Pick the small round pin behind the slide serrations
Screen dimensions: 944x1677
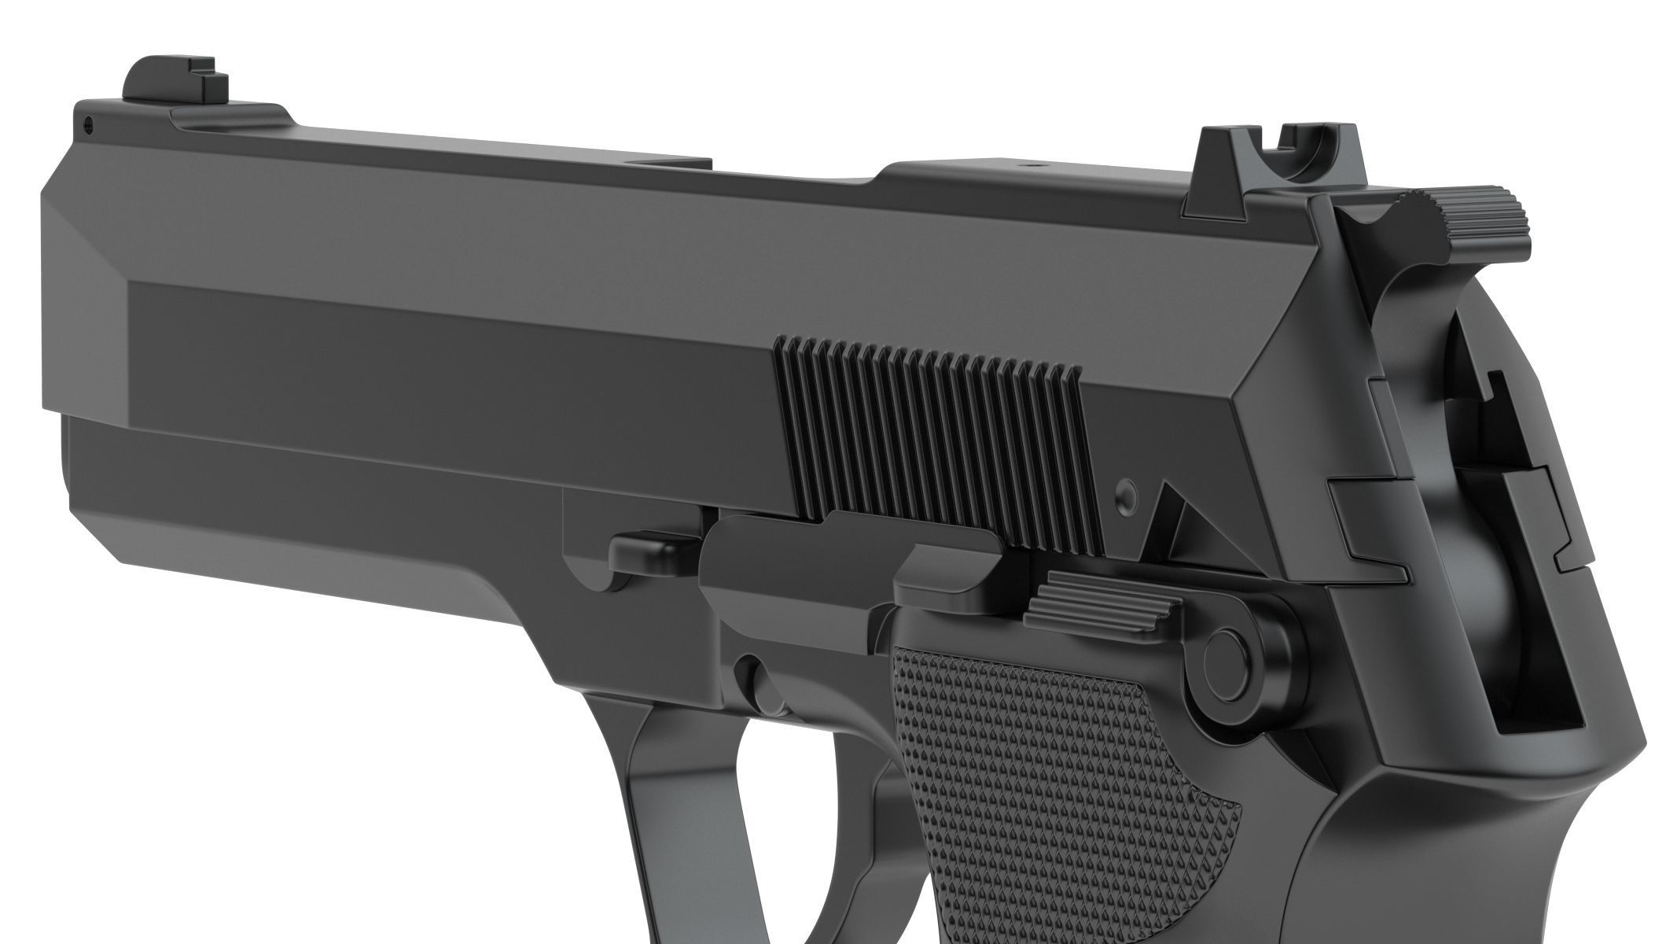coord(1127,494)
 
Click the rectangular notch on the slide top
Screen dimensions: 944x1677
coord(676,164)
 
